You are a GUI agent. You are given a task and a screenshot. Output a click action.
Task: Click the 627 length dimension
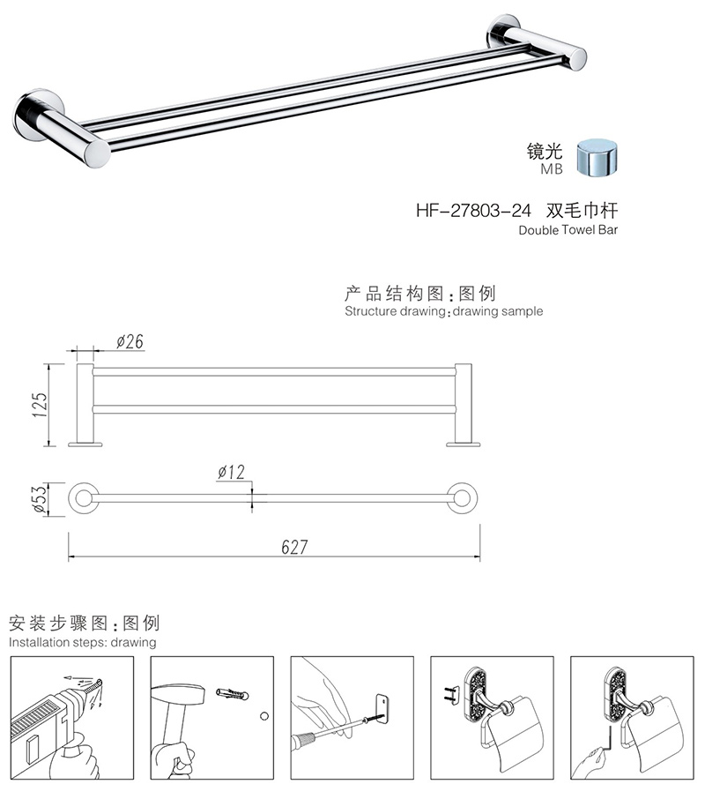(x=294, y=548)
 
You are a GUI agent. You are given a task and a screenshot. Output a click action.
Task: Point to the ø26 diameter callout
(x=130, y=341)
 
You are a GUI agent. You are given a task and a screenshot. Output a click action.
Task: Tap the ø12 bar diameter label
(x=231, y=474)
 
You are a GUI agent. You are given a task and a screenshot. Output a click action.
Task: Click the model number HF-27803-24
(x=472, y=211)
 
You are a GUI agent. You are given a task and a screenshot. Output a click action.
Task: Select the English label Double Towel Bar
(x=569, y=230)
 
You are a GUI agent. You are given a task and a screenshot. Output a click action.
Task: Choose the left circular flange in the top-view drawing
(x=83, y=498)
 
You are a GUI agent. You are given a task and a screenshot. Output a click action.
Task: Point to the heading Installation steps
(x=82, y=642)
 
